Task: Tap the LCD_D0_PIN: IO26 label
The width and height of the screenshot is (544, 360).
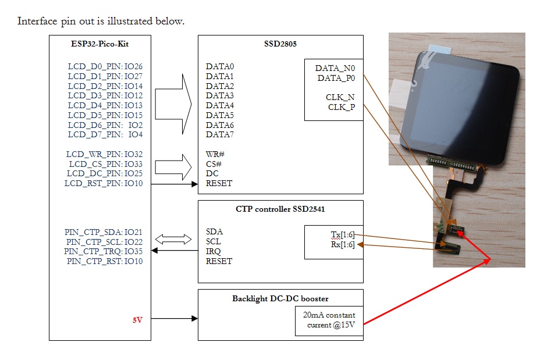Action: click(x=105, y=67)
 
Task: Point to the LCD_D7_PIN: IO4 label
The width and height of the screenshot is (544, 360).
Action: click(x=105, y=134)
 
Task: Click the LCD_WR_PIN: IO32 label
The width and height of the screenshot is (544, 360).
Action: click(x=104, y=154)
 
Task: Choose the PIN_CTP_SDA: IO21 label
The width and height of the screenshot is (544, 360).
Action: click(x=104, y=232)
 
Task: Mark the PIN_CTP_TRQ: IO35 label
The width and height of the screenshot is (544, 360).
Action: click(x=104, y=252)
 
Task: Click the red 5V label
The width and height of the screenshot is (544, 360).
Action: click(x=137, y=319)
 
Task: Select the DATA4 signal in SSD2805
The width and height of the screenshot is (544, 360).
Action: click(x=220, y=105)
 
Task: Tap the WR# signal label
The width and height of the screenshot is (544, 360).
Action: click(x=215, y=154)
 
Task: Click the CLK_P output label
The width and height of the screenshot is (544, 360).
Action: click(x=342, y=107)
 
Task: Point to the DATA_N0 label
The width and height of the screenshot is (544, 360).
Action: click(x=335, y=68)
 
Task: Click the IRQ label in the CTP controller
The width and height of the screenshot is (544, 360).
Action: click(x=213, y=251)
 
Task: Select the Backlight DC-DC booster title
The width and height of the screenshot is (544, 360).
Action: click(x=280, y=298)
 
